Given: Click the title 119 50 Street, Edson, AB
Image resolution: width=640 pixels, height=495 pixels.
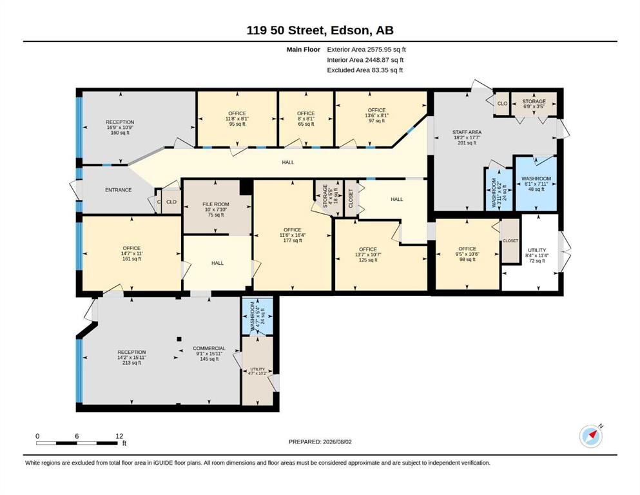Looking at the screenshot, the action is [x=320, y=30].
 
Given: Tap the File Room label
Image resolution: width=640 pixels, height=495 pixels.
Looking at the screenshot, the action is [x=216, y=204].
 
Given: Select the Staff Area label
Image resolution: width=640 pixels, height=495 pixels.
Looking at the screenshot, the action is [x=467, y=132].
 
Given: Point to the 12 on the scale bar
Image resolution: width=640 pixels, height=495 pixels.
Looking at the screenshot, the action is [x=119, y=436].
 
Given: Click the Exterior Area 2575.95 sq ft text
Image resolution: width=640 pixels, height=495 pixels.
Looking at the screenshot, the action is [x=366, y=50].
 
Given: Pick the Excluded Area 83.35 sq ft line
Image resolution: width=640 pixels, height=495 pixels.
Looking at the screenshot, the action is [x=365, y=70].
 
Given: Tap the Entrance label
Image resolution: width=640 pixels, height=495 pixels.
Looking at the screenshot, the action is [x=119, y=189].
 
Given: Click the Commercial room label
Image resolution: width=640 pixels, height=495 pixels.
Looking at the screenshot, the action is [x=209, y=349].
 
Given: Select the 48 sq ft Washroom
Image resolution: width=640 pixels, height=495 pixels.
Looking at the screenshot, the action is [x=536, y=184].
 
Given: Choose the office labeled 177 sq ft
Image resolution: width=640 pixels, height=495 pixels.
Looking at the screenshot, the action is [x=292, y=235].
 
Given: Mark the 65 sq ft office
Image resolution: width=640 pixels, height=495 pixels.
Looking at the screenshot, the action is [x=305, y=119].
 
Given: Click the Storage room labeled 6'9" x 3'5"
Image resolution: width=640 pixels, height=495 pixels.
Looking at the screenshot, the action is [x=534, y=104].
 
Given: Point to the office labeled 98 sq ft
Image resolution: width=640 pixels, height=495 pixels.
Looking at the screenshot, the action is [x=467, y=253].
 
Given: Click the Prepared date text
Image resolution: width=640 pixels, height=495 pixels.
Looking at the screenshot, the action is [x=320, y=442].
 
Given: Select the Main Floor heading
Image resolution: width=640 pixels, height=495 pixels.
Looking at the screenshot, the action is [x=304, y=50].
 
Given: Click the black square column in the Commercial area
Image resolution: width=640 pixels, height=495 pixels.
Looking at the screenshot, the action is [x=179, y=339].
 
